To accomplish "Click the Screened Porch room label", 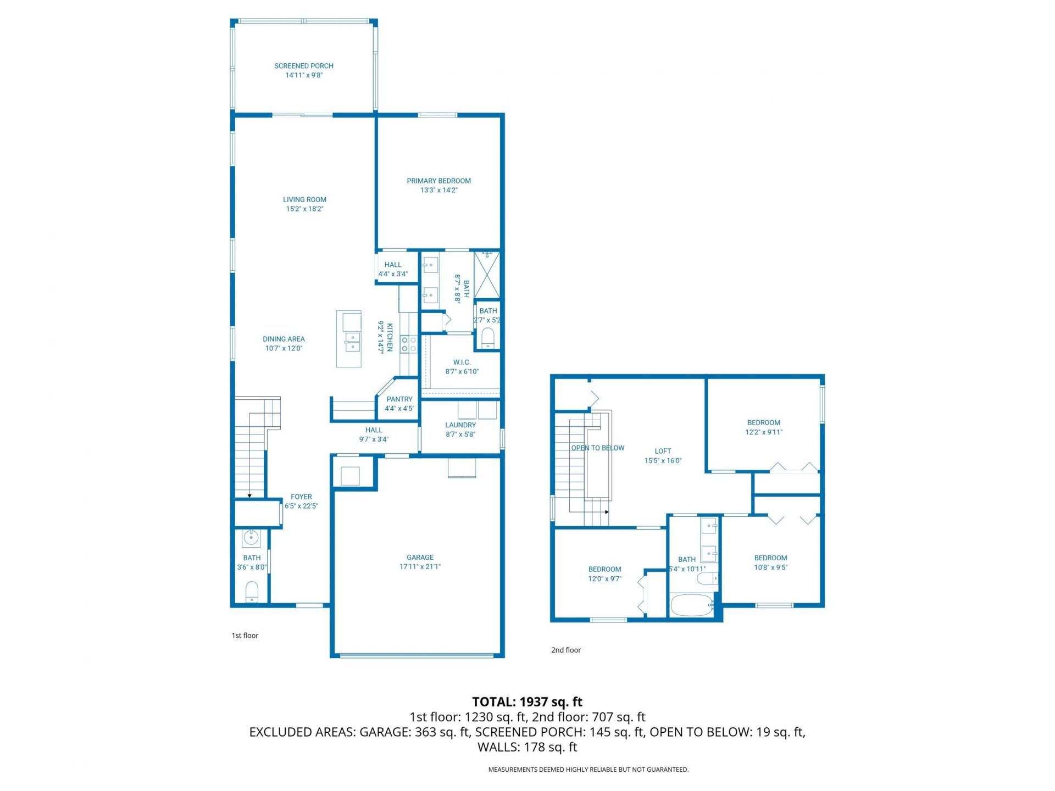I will coord(304,66).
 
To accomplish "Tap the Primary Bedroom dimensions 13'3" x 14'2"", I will coord(438,190).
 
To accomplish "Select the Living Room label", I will coord(304,199).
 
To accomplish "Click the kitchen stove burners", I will coord(409,344).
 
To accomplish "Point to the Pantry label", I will coord(399,399).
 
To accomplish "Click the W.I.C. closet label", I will coord(462,362).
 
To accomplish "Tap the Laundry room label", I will coord(460,425).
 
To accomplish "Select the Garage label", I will coord(420,557).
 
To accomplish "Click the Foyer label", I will coord(301,497).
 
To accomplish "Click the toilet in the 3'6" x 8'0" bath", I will coord(252,592).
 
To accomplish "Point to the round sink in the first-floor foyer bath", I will coord(252,538).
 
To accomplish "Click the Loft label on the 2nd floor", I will coord(663,451).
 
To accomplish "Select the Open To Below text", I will coord(598,448).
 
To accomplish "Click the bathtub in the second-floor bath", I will coord(691,605).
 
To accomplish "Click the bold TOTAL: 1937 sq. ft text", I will coord(527,701).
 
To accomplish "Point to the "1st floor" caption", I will coord(245,636).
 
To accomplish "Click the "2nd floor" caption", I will coord(566,650).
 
